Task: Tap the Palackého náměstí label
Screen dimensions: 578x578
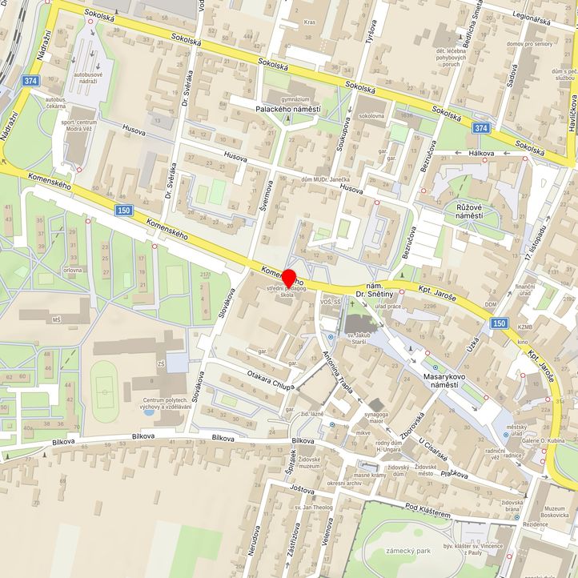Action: pos(287,109)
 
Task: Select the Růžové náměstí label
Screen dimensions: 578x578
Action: pos(474,213)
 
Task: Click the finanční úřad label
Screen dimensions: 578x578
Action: pos(524,291)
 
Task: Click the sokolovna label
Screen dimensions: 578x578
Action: pos(371,116)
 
